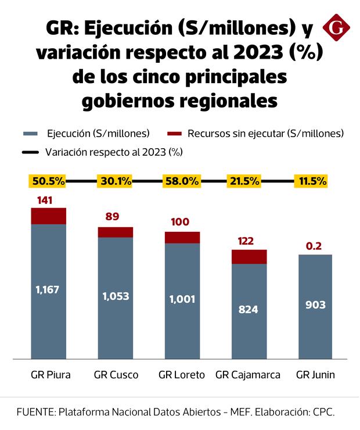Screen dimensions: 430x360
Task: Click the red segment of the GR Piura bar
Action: (x=48, y=216)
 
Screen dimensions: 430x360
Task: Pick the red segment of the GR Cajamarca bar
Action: (x=249, y=257)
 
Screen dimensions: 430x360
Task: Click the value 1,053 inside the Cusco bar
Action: (x=116, y=296)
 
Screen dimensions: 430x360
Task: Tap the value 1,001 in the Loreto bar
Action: (x=182, y=300)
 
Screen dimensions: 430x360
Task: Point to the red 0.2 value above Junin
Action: (x=315, y=246)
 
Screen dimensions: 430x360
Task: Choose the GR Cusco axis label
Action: (x=116, y=375)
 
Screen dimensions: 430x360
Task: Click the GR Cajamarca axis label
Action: (x=248, y=375)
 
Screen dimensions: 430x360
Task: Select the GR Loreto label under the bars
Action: (x=182, y=375)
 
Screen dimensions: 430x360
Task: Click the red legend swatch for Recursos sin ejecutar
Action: (x=174, y=134)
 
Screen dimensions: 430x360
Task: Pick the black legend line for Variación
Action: (x=31, y=153)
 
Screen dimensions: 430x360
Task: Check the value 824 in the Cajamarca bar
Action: (x=249, y=310)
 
